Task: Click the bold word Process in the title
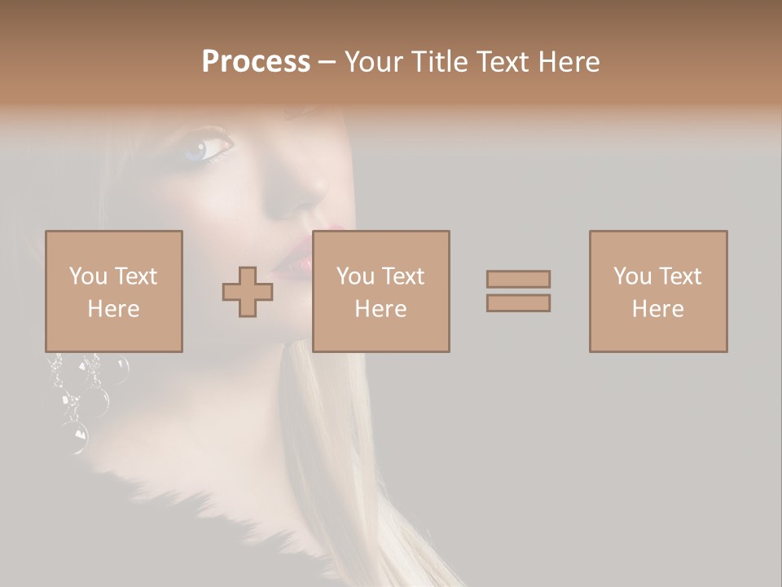tap(256, 62)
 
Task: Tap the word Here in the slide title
tap(569, 62)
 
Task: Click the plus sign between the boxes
tap(248, 292)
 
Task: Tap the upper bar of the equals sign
tap(518, 279)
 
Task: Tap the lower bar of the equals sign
tap(518, 302)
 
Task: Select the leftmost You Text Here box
tap(114, 291)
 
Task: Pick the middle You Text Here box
tap(380, 291)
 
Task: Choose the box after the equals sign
tap(657, 291)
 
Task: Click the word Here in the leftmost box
tap(113, 309)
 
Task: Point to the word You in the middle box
tap(355, 276)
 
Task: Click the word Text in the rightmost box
tap(680, 276)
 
